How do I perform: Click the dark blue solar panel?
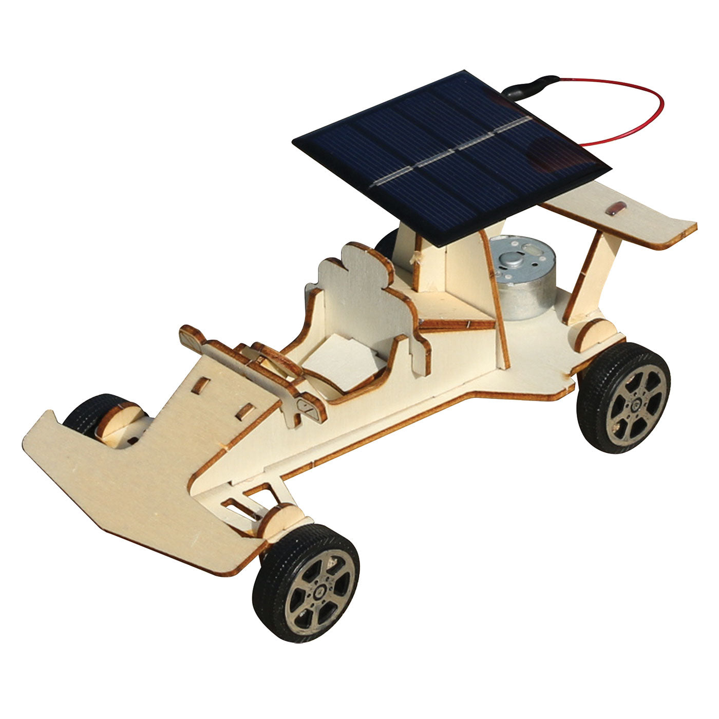coord(452,154)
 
